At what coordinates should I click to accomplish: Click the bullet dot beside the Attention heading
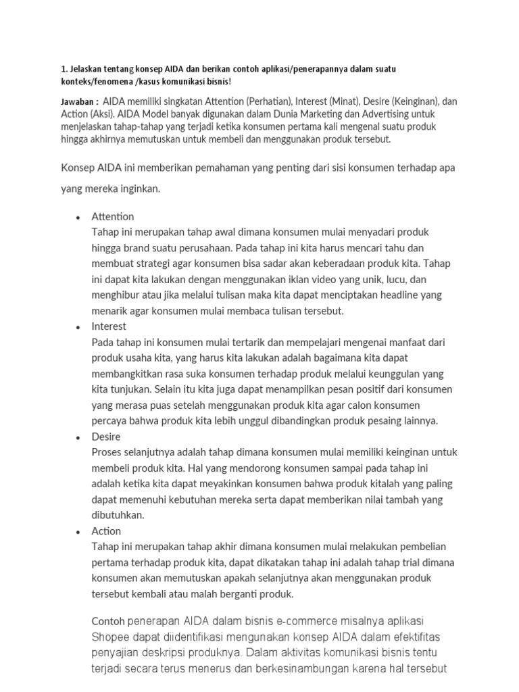[78, 218]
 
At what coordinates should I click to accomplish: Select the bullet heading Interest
[109, 326]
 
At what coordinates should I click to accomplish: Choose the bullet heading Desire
[106, 437]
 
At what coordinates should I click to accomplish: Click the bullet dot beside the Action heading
[78, 532]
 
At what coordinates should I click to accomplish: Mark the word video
[297, 279]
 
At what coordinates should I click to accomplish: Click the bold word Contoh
[107, 620]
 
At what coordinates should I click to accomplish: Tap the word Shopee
[109, 637]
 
